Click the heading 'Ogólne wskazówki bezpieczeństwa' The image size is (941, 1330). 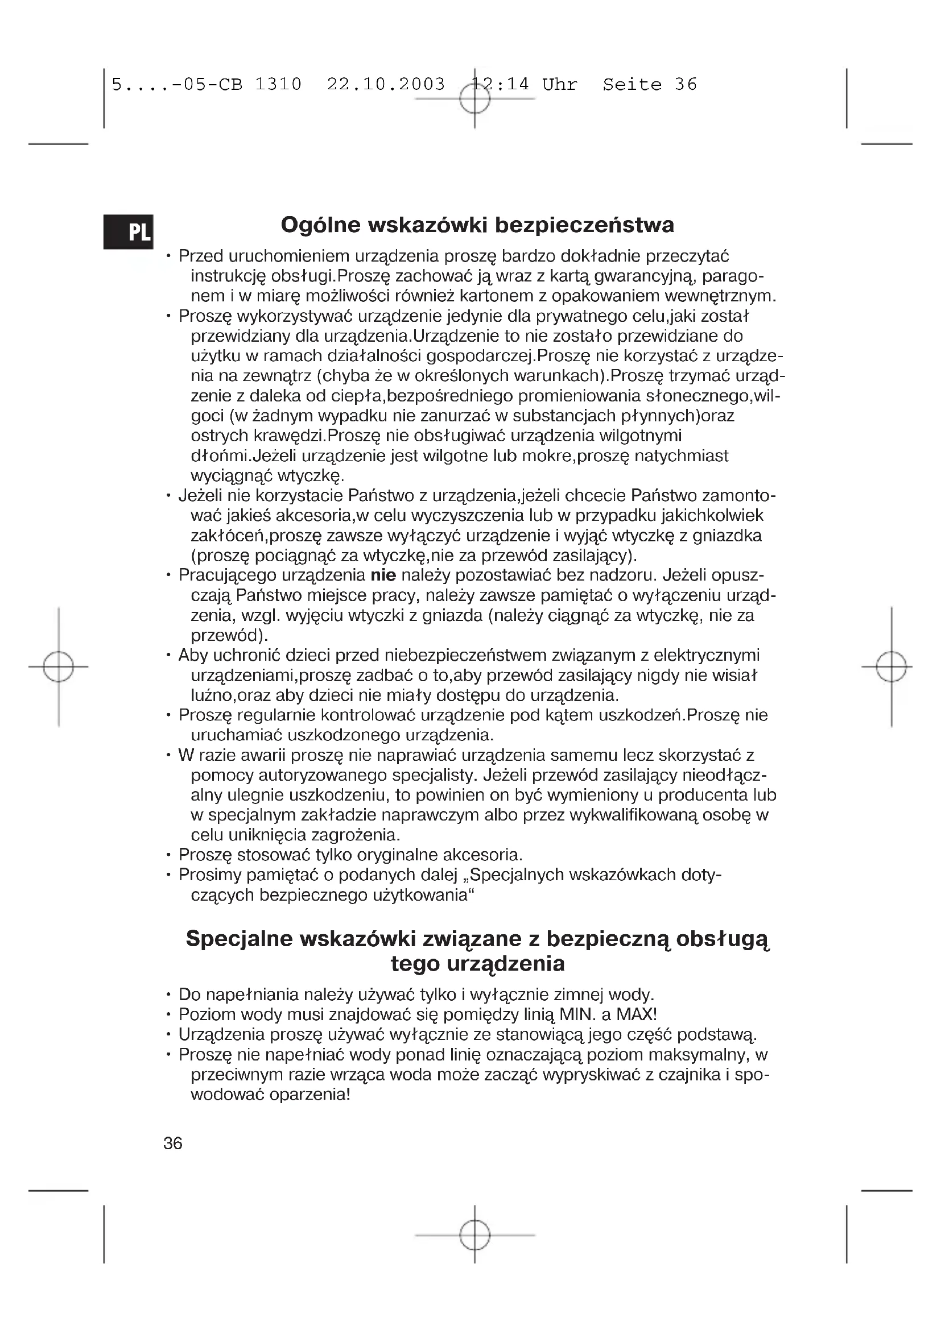(477, 225)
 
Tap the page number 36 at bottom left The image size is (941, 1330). (173, 1143)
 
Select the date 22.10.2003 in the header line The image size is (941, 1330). (386, 85)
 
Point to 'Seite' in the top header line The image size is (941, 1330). (632, 85)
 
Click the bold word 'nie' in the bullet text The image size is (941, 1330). (383, 575)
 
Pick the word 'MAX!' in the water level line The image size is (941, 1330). (636, 1014)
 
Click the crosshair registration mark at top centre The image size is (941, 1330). (474, 99)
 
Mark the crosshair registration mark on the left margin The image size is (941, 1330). (59, 667)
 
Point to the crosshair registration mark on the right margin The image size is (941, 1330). (891, 667)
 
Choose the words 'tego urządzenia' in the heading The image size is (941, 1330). (477, 964)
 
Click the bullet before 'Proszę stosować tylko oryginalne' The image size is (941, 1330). (167, 855)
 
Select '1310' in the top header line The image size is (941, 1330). (278, 85)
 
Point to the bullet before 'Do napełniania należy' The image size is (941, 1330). (167, 995)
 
